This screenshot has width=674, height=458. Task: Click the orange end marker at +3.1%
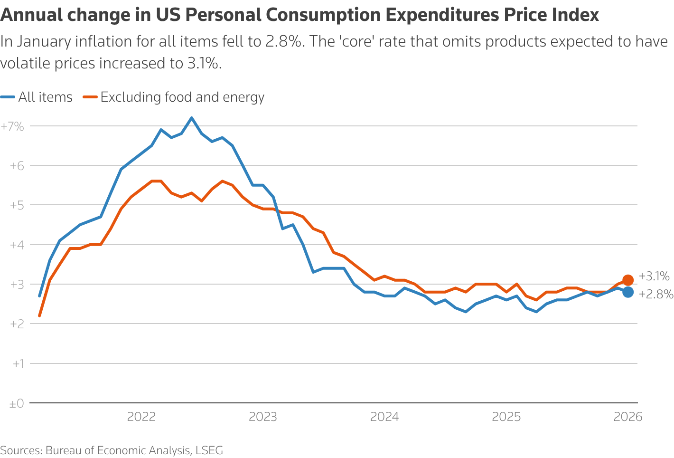click(x=627, y=280)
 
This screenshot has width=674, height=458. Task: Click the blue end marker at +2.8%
click(x=627, y=292)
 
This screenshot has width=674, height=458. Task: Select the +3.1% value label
click(x=654, y=277)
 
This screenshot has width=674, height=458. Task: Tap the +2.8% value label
click(x=655, y=295)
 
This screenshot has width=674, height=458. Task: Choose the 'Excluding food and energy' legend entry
click(x=174, y=97)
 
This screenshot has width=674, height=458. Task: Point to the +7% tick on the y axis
click(x=12, y=126)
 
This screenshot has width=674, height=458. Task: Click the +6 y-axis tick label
click(x=16, y=166)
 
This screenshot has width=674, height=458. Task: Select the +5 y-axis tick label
click(x=16, y=205)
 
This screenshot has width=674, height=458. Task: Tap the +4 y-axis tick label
click(x=16, y=245)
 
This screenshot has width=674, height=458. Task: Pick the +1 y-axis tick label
click(x=18, y=364)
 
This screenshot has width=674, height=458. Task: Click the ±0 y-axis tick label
click(x=16, y=404)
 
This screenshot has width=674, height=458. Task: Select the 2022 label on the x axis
click(x=141, y=417)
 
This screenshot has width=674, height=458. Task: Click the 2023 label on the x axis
click(x=263, y=417)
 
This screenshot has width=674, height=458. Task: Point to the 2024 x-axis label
click(x=384, y=417)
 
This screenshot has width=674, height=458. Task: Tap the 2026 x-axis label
click(x=627, y=417)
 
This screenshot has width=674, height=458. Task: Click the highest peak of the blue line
click(x=191, y=118)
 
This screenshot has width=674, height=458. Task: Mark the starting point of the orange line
click(x=39, y=315)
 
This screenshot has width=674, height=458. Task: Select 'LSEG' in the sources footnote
click(x=209, y=450)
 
